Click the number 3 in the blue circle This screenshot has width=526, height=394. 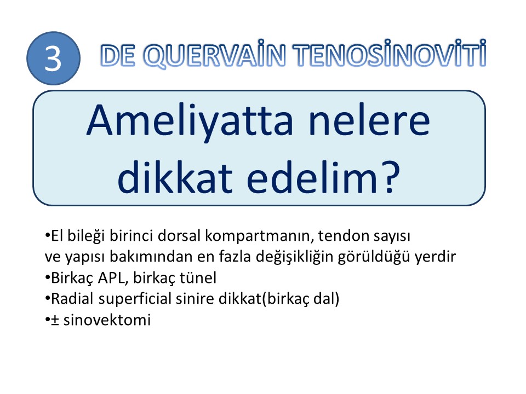click(x=53, y=59)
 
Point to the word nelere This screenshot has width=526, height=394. click(x=369, y=120)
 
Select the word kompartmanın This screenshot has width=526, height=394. click(x=260, y=236)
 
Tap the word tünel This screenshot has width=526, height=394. click(x=198, y=278)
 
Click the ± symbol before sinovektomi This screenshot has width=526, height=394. click(x=55, y=320)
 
